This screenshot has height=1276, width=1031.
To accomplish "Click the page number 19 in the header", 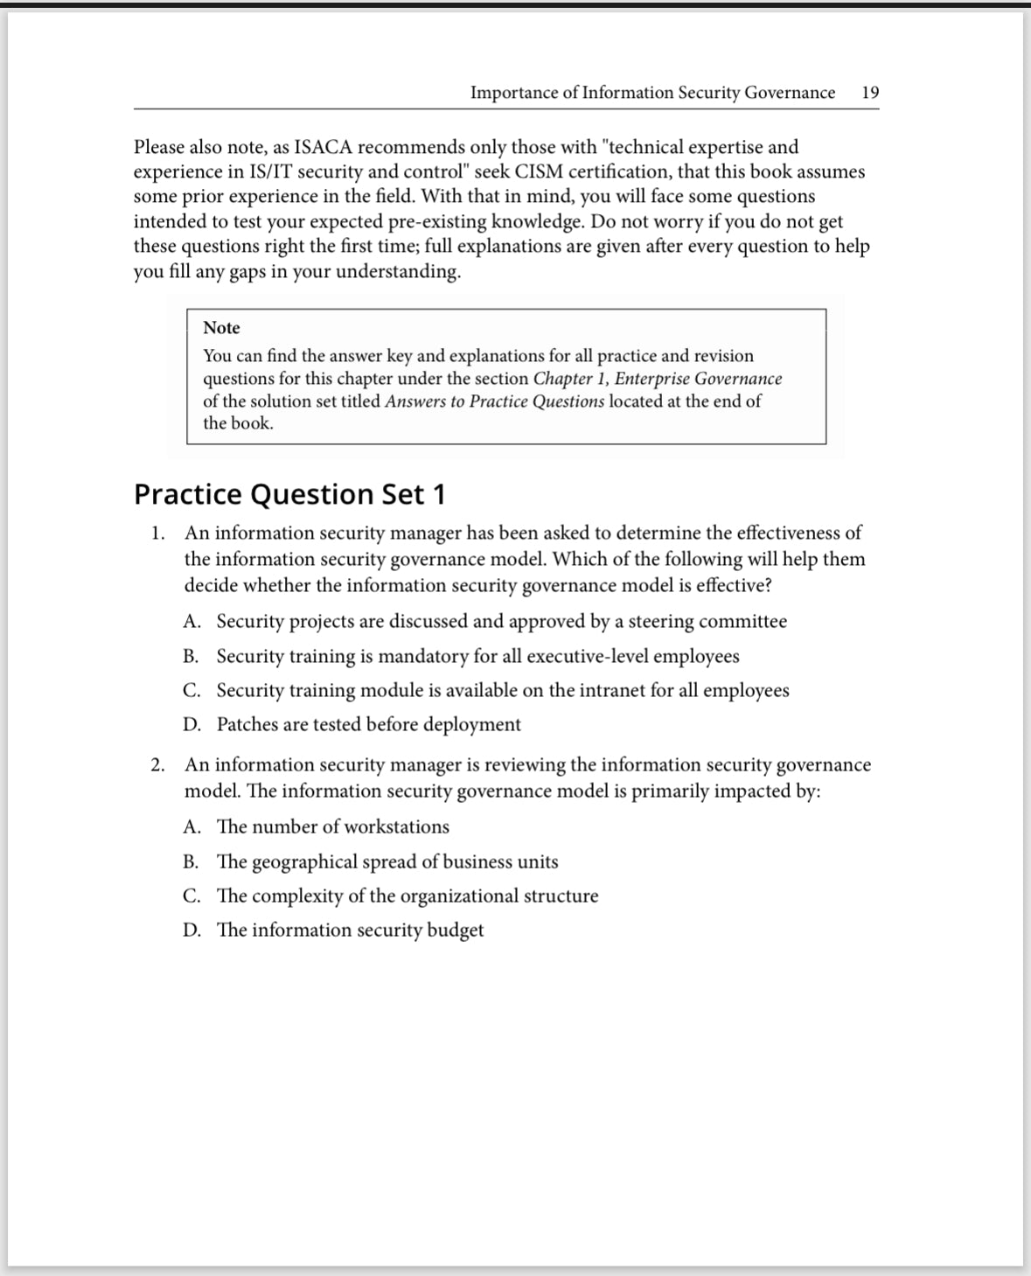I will click(870, 93).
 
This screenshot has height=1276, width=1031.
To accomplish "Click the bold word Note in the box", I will click(221, 328).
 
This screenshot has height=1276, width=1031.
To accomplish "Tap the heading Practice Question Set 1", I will click(289, 494).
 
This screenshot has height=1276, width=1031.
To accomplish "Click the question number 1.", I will click(157, 533).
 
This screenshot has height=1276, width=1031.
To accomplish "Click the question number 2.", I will click(157, 765).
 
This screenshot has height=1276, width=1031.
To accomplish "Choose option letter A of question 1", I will click(192, 622).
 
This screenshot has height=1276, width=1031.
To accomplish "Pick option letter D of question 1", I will click(192, 725).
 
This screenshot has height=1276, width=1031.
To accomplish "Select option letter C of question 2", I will click(192, 896).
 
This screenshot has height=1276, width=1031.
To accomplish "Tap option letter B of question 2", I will click(191, 862).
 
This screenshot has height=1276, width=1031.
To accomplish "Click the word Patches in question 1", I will click(247, 725).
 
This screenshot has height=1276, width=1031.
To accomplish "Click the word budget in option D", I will click(455, 931).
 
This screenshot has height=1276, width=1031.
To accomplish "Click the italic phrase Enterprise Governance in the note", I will click(698, 379).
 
